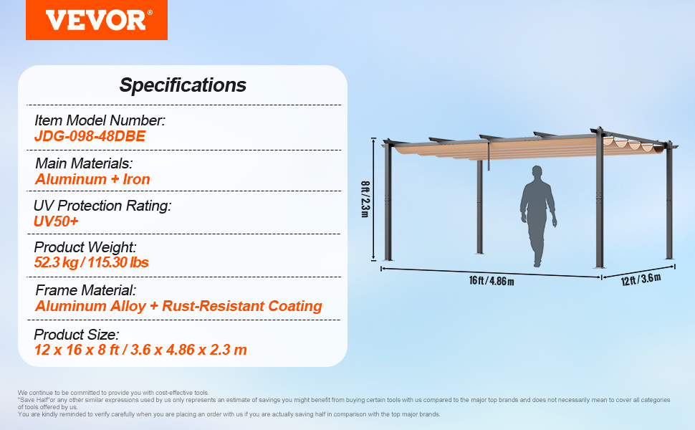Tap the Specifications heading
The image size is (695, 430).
(183, 85)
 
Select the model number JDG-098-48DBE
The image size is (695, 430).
(90, 136)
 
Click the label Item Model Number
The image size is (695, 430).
(100, 120)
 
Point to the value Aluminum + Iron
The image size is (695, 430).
(92, 179)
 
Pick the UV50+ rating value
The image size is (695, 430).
(56, 221)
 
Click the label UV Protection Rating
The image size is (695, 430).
(102, 206)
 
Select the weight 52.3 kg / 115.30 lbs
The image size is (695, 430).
(91, 262)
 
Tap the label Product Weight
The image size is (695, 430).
(85, 247)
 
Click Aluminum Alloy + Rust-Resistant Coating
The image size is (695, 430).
(178, 306)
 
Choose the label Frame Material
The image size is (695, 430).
(85, 290)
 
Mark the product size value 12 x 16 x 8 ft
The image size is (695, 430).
(77, 350)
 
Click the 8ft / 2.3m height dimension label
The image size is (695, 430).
(365, 199)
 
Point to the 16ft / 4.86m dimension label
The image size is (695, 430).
(492, 281)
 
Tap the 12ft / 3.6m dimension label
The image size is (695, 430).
(641, 279)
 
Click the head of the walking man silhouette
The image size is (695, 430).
(537, 171)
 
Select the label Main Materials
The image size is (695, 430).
(84, 163)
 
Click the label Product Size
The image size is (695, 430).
(77, 334)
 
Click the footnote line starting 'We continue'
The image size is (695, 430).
(113, 393)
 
